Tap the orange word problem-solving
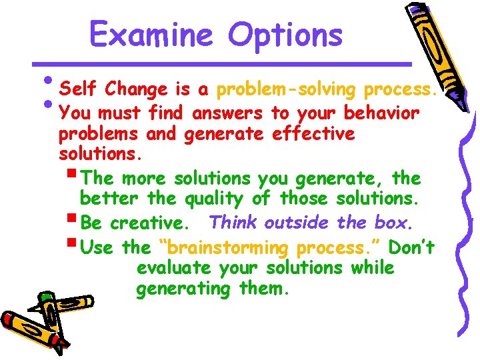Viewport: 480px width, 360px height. (x=289, y=89)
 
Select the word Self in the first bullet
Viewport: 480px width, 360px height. (x=79, y=89)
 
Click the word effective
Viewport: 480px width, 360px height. (x=313, y=134)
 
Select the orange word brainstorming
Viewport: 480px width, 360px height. (x=225, y=248)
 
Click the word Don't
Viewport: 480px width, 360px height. (x=411, y=247)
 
